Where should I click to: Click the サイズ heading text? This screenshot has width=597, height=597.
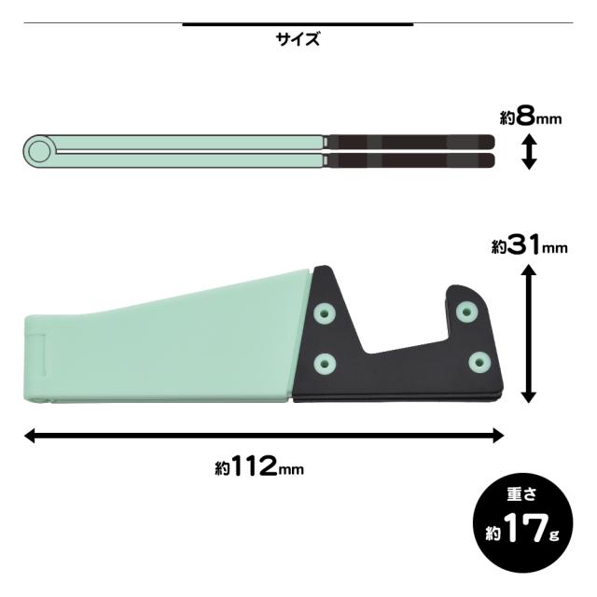pos(298,39)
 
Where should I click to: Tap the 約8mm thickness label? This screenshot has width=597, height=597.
pos(531,118)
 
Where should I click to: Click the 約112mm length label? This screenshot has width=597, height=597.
pos(259,466)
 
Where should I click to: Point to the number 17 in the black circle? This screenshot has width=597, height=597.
pos(525,528)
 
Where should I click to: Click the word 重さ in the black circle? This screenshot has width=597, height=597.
pos(521,493)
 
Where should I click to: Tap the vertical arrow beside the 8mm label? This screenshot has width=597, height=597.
pos(529,151)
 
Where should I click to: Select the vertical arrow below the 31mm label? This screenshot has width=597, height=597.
pos(528,334)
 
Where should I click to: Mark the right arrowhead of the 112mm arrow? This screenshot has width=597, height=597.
pos(498,436)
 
